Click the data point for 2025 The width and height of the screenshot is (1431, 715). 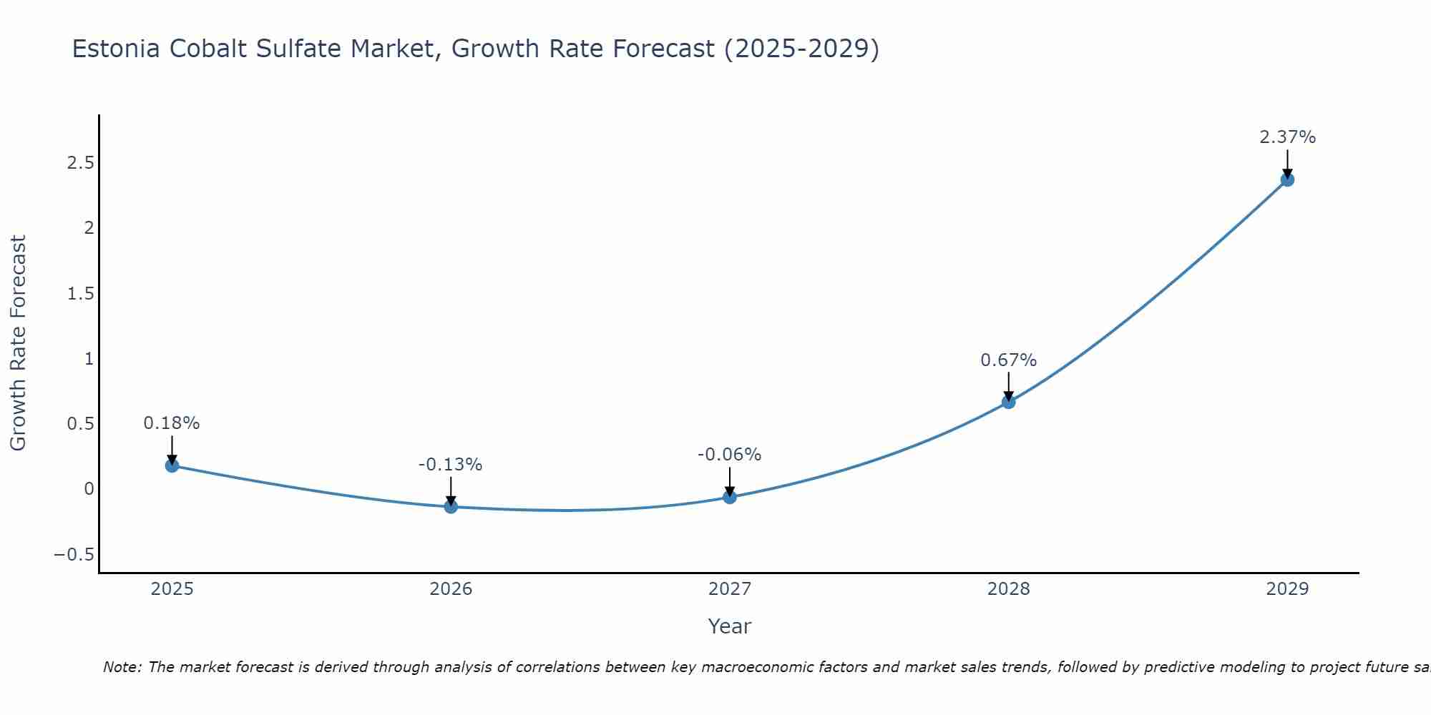[x=172, y=465]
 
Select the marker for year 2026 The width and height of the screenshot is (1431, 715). [x=451, y=506]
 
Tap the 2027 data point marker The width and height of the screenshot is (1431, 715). [x=730, y=497]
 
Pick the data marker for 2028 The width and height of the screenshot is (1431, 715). [x=1008, y=402]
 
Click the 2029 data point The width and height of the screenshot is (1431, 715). [x=1287, y=179]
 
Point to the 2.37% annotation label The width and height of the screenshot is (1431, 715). [x=1287, y=137]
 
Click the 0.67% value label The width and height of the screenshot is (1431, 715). [x=1008, y=360]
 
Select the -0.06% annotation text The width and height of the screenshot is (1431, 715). [x=729, y=455]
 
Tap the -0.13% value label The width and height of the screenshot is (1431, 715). [x=450, y=465]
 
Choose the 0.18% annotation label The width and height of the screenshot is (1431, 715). [x=172, y=423]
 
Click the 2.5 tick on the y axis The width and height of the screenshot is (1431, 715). [x=80, y=163]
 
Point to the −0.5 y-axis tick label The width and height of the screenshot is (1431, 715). [x=74, y=555]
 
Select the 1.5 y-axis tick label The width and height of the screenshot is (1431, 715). [x=80, y=294]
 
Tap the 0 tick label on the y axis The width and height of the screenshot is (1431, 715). [x=89, y=489]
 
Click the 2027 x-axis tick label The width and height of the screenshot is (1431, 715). [x=729, y=589]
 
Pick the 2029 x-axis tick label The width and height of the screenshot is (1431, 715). [x=1287, y=589]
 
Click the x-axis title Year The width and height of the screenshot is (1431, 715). [x=729, y=626]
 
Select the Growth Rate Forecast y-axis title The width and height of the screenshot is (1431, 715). [x=18, y=343]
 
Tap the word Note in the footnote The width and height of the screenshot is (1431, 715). [x=122, y=667]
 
